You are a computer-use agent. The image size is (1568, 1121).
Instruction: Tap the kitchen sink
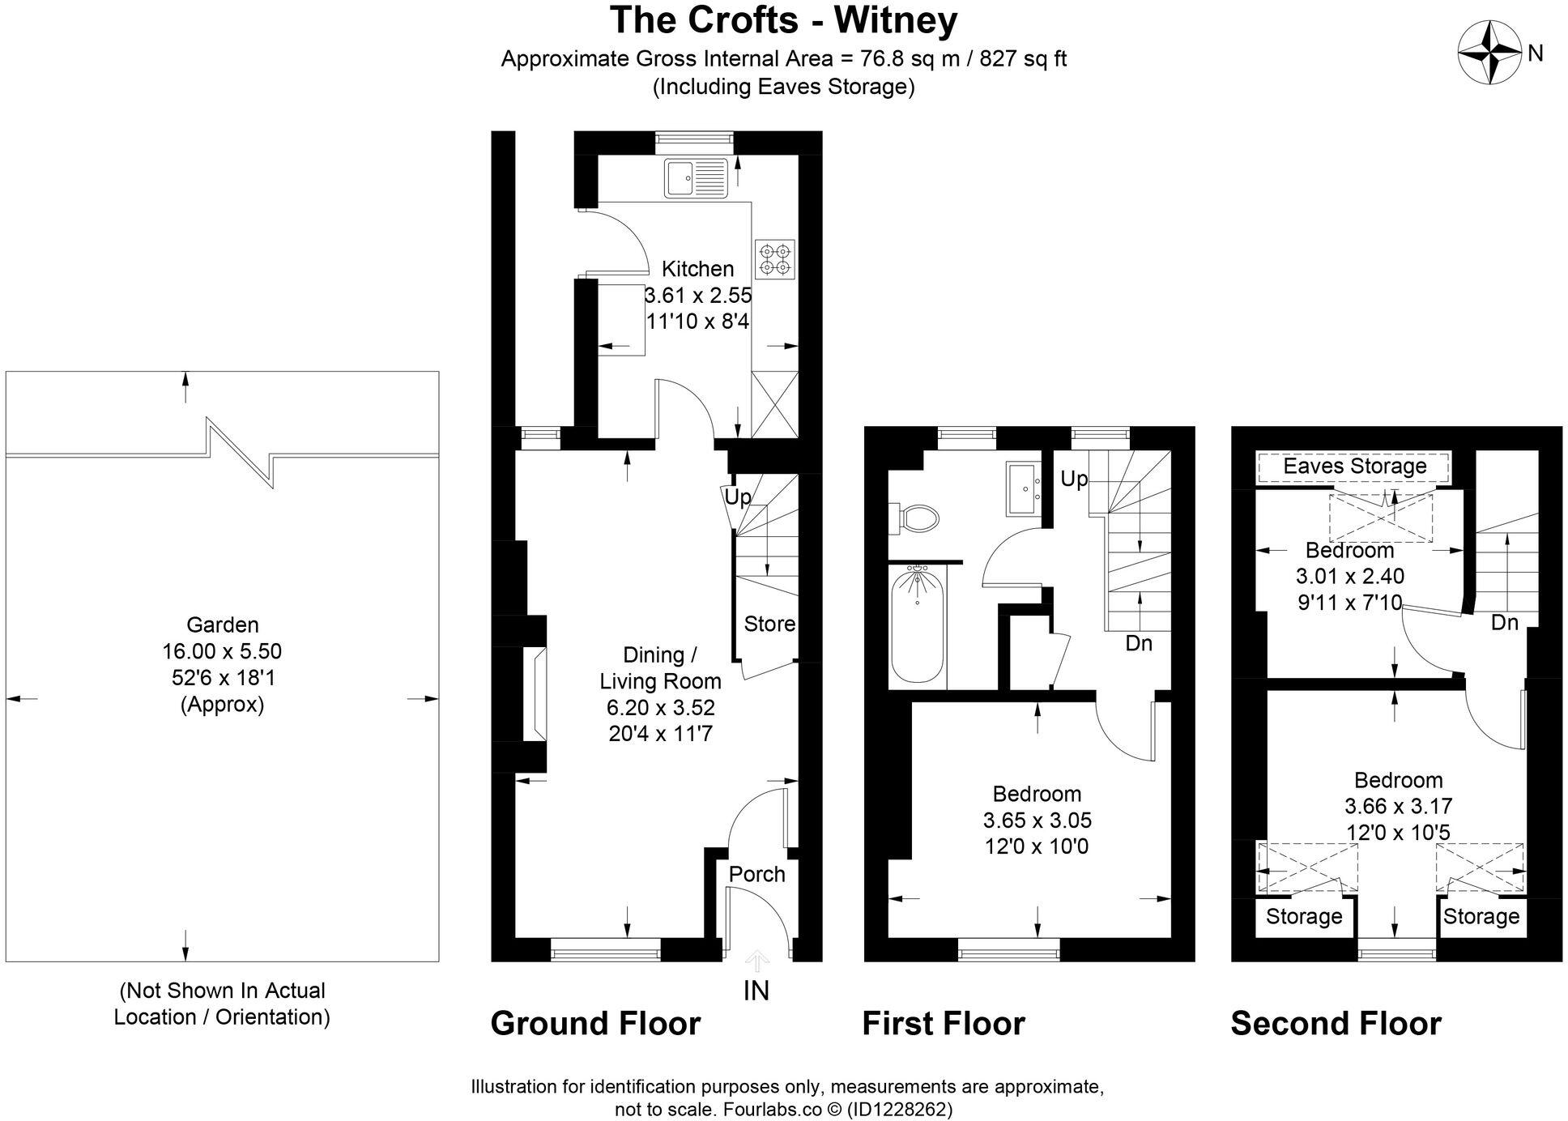(x=697, y=177)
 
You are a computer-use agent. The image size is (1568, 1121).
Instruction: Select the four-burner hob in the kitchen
(x=774, y=258)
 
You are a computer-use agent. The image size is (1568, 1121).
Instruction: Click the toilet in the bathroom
(x=916, y=518)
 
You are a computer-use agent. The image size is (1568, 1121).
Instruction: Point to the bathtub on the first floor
(x=917, y=625)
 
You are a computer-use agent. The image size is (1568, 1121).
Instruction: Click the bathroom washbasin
(x=1025, y=488)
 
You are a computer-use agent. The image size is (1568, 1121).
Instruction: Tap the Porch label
(x=756, y=874)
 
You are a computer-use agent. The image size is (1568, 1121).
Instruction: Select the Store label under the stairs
(x=769, y=624)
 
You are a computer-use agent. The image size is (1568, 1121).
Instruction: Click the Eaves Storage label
(x=1354, y=466)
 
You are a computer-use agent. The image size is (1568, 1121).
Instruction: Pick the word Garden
(x=222, y=624)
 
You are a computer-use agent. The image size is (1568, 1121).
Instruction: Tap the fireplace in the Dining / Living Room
(x=535, y=693)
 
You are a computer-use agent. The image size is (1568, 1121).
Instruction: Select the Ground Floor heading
(x=594, y=1023)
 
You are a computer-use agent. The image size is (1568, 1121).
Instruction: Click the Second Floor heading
(x=1336, y=1023)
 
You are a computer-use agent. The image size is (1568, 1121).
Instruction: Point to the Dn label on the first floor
(x=1138, y=643)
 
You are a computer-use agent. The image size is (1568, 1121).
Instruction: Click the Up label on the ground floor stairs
(x=736, y=497)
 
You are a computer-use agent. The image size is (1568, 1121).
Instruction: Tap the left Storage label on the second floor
(x=1303, y=916)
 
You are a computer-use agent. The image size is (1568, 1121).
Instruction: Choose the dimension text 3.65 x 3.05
(x=1037, y=820)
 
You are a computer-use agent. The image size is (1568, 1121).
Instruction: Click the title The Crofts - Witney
(x=782, y=20)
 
